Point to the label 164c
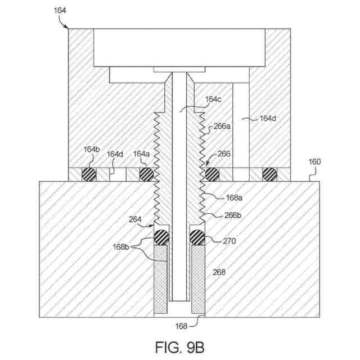coord(213,99)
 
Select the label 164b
coord(91,150)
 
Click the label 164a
coord(141,154)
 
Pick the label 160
coord(314,162)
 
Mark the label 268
coord(219,272)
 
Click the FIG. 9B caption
coord(180,344)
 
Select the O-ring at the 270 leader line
coord(197,237)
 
